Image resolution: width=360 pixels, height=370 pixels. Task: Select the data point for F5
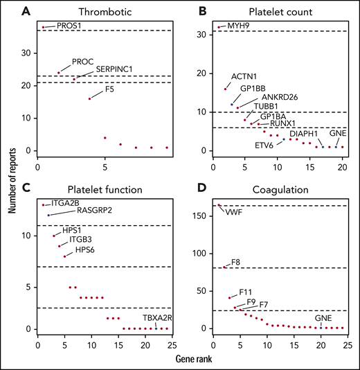pos(89,98)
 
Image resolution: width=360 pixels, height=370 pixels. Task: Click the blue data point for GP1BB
pos(232,104)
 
